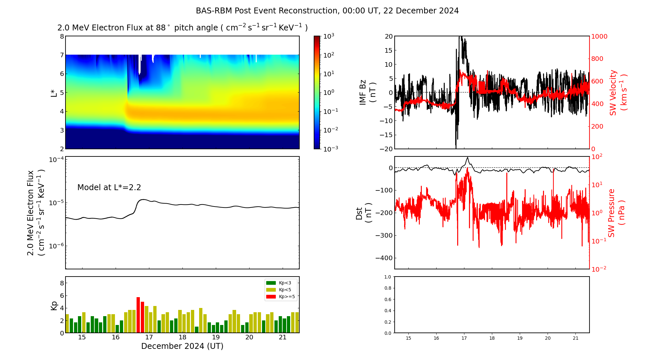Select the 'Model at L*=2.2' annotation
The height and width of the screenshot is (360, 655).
click(x=109, y=188)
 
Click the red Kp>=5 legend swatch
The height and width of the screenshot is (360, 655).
click(x=271, y=297)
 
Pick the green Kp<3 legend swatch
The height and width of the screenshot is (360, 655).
click(x=271, y=283)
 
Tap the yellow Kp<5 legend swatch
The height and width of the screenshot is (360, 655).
click(x=271, y=290)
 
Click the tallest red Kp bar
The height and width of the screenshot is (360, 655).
click(x=138, y=314)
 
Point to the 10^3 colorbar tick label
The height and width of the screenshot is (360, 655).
click(x=328, y=36)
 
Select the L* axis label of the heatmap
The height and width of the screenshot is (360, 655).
click(x=54, y=93)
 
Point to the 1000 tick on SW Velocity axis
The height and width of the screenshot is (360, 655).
click(x=599, y=36)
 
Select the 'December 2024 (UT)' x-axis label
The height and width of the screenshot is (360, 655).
click(x=182, y=346)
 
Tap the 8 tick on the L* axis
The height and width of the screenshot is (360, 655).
click(x=62, y=36)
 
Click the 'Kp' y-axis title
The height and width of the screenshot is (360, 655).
click(x=54, y=305)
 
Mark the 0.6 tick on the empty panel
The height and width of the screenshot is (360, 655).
click(x=387, y=299)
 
